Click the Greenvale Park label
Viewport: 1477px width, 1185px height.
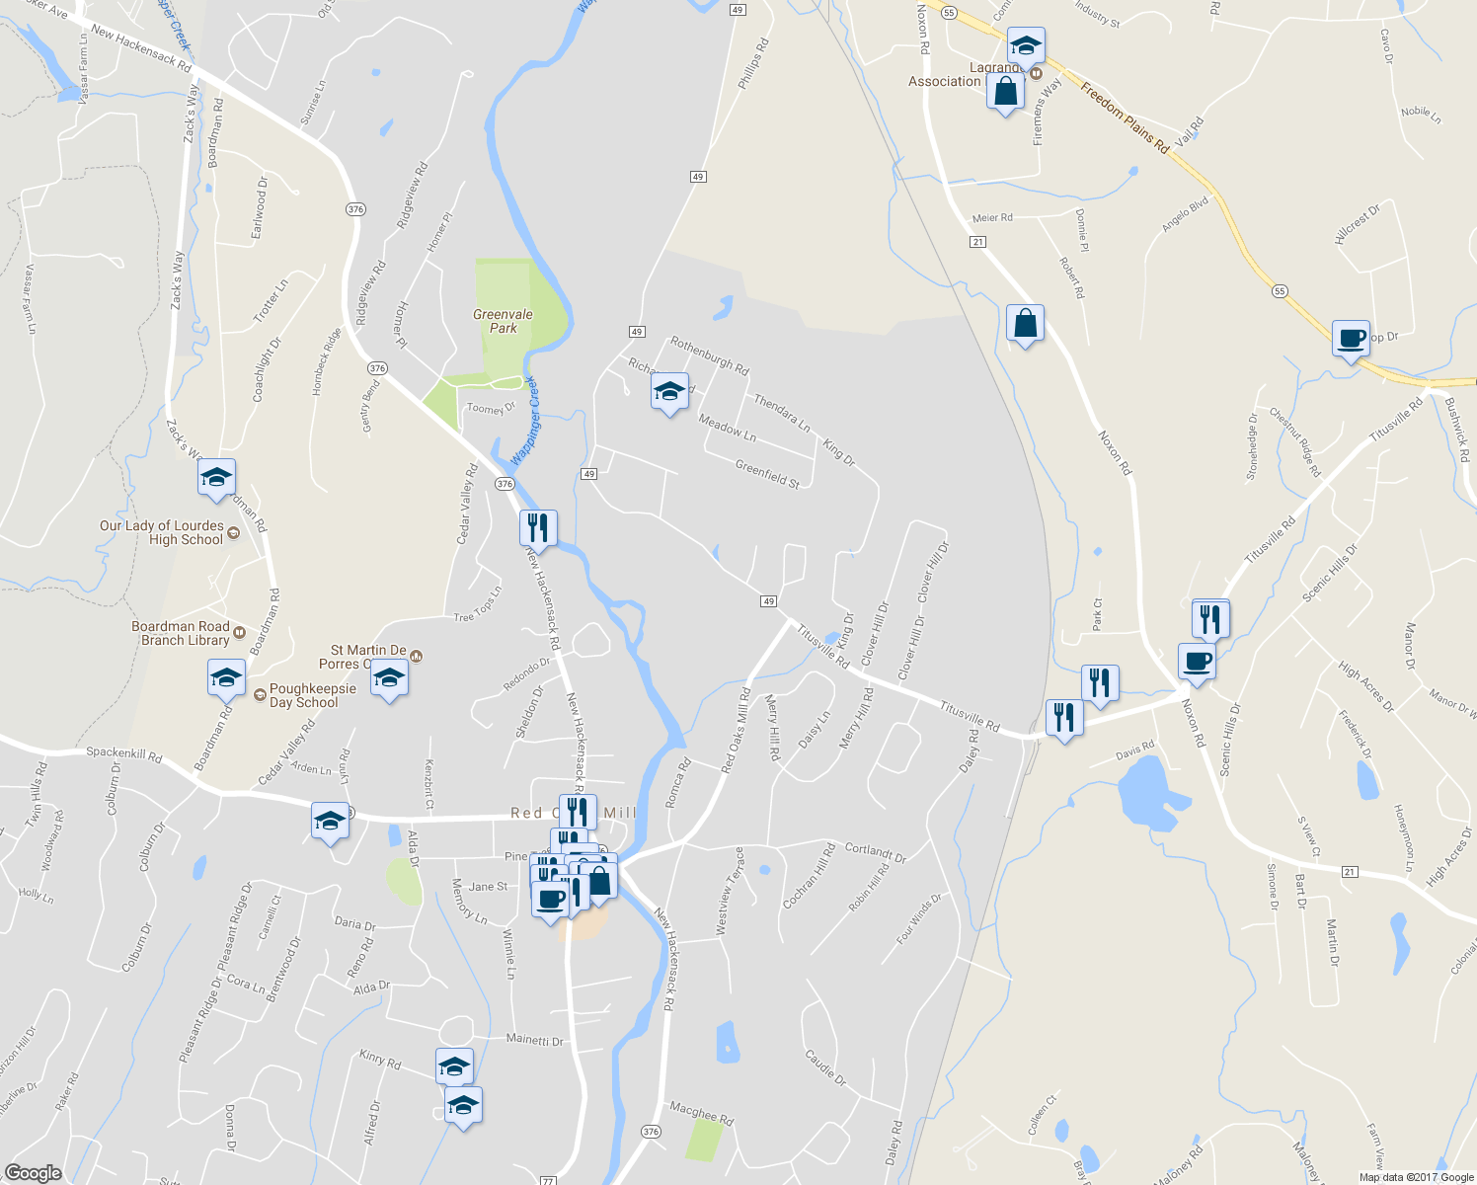pyautogui.click(x=503, y=321)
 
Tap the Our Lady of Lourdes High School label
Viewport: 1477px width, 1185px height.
pyautogui.click(x=162, y=532)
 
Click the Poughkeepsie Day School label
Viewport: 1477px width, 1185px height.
pyautogui.click(x=312, y=695)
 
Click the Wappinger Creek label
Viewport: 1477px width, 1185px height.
pyautogui.click(x=525, y=421)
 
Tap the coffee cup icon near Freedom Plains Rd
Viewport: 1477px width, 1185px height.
pyautogui.click(x=1351, y=339)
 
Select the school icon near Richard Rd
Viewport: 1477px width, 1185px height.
pyautogui.click(x=669, y=391)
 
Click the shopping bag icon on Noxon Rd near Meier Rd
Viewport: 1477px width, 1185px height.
pyautogui.click(x=1025, y=323)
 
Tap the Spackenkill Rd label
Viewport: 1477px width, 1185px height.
pyautogui.click(x=123, y=755)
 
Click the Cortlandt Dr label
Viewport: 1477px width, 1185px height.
pyautogui.click(x=875, y=852)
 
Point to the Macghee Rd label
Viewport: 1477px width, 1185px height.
pyautogui.click(x=701, y=1113)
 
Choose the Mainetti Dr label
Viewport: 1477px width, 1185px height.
pyautogui.click(x=534, y=1040)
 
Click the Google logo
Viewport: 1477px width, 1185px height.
pyautogui.click(x=33, y=1172)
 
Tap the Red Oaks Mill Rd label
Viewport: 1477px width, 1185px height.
pyautogui.click(x=737, y=731)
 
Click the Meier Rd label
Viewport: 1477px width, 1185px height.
pyautogui.click(x=992, y=217)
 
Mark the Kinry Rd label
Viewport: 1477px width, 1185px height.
pyautogui.click(x=380, y=1061)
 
